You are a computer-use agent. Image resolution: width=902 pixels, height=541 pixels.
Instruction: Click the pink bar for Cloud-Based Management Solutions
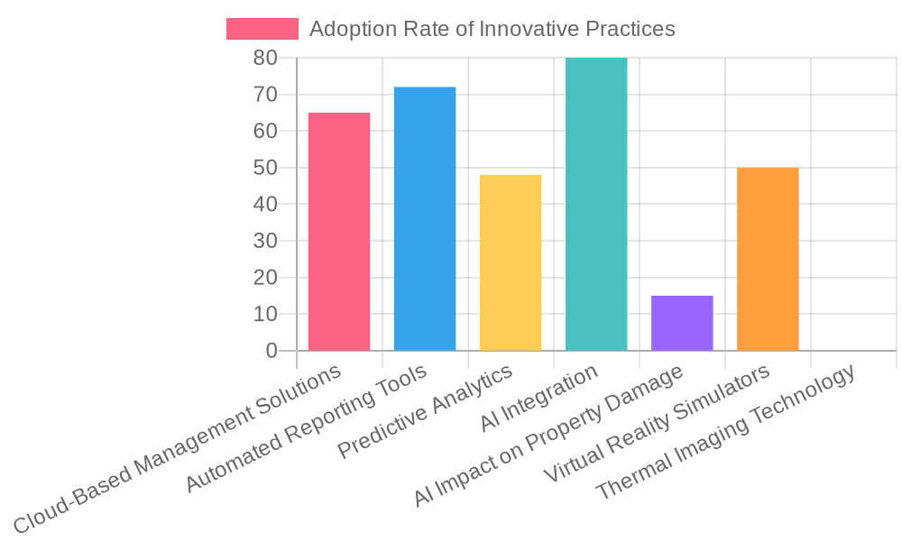pyautogui.click(x=339, y=232)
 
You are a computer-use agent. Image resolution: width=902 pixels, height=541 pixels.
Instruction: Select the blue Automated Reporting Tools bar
pyautogui.click(x=425, y=219)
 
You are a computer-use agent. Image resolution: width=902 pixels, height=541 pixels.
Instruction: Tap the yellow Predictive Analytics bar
pyautogui.click(x=511, y=262)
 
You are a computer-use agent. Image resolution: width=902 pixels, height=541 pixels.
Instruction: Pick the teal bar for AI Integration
pyautogui.click(x=596, y=204)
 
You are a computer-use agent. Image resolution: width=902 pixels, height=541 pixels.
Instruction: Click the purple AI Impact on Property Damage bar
pyautogui.click(x=682, y=323)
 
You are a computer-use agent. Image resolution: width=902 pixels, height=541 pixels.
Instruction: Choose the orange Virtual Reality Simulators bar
pyautogui.click(x=768, y=259)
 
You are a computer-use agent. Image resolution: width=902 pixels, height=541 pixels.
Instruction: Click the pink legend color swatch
pyautogui.click(x=262, y=29)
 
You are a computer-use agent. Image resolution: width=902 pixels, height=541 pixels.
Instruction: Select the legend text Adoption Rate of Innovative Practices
pyautogui.click(x=492, y=29)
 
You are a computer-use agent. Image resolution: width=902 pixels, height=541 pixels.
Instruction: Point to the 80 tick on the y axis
pyautogui.click(x=264, y=58)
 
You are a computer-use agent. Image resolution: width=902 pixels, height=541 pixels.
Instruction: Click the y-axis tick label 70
pyautogui.click(x=264, y=95)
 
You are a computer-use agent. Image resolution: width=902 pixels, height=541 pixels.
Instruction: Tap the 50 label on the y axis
pyautogui.click(x=264, y=168)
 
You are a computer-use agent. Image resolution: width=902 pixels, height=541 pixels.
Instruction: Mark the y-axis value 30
pyautogui.click(x=264, y=241)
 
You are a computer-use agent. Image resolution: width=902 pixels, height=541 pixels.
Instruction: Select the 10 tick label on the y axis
pyautogui.click(x=264, y=314)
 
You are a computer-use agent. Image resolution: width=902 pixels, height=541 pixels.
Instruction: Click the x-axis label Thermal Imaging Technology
pyautogui.click(x=726, y=433)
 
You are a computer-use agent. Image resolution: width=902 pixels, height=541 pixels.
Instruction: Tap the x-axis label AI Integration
pyautogui.click(x=539, y=398)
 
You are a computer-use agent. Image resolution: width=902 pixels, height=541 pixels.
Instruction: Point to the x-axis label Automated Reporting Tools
pyautogui.click(x=307, y=428)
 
